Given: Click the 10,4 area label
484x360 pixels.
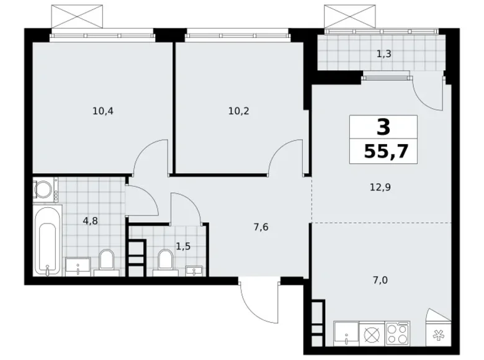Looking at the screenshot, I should (x=102, y=112).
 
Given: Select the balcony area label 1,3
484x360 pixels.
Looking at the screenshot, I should (x=383, y=53).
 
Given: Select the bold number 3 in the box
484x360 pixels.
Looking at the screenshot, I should (x=383, y=128).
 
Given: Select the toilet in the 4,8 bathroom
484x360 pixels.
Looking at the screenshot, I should (x=106, y=261).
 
